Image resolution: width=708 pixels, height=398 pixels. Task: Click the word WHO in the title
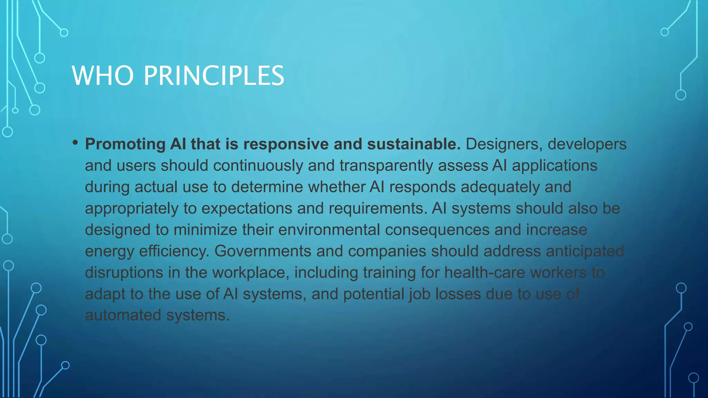click(x=103, y=76)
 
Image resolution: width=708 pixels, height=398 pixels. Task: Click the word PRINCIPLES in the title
click(x=214, y=76)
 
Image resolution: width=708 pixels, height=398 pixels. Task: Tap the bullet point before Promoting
click(x=75, y=143)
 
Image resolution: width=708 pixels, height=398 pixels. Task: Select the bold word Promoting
click(x=125, y=144)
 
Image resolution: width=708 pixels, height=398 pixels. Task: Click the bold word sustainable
click(x=413, y=144)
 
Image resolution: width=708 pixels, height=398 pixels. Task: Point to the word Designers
click(x=504, y=144)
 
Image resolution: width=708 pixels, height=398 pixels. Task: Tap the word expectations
click(x=246, y=209)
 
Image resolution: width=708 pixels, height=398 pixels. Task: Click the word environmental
click(x=329, y=230)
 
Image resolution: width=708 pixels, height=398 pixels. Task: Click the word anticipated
click(x=585, y=251)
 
